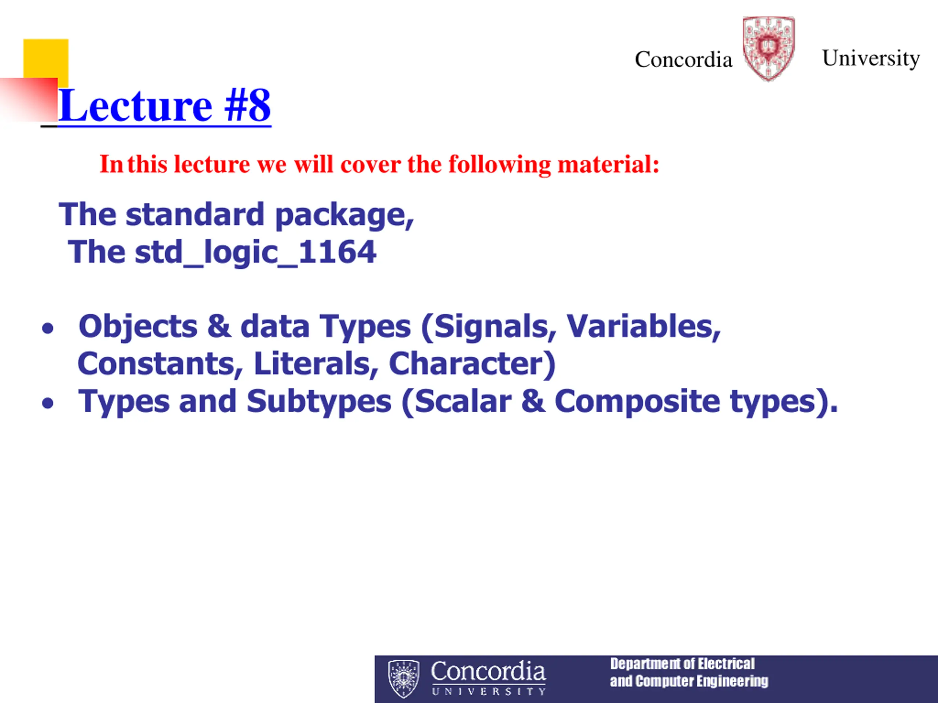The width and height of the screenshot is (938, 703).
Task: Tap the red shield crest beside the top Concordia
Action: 768,48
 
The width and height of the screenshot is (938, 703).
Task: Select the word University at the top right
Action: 871,59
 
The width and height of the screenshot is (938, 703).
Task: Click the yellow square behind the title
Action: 46,59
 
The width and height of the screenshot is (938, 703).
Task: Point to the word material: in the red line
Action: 609,164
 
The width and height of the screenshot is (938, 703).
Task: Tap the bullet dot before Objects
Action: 48,328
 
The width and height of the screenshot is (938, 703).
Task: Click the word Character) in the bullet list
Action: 472,364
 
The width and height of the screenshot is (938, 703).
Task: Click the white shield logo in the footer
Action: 404,679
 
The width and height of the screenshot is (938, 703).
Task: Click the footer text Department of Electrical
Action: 682,663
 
